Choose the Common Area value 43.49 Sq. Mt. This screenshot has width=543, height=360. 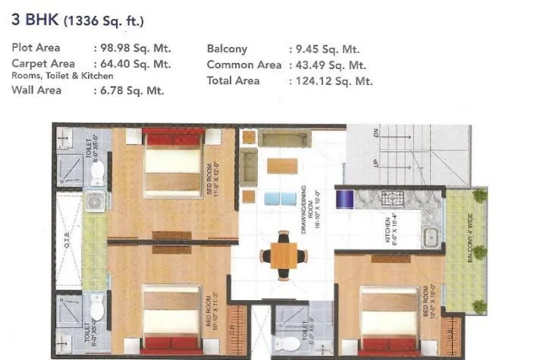click(x=329, y=64)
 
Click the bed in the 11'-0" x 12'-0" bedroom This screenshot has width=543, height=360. click(x=174, y=161)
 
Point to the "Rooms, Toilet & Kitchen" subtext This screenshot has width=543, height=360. click(x=62, y=76)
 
